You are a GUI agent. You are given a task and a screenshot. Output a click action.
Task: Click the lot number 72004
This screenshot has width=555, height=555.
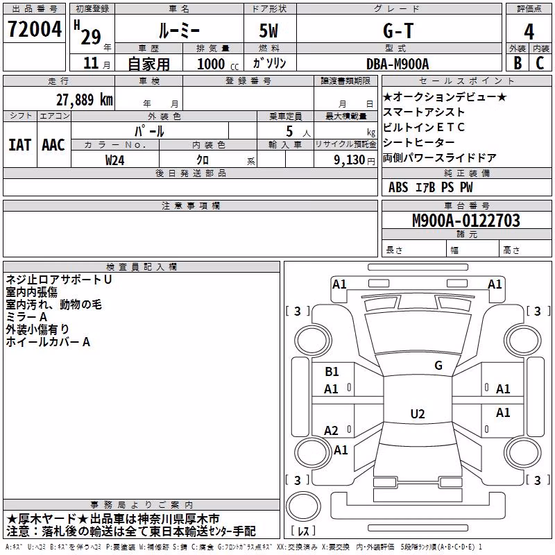pyautogui.click(x=35, y=29)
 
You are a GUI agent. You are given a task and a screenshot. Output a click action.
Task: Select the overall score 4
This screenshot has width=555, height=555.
pyautogui.click(x=529, y=31)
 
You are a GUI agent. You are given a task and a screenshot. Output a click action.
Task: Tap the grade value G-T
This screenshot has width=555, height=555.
pyautogui.click(x=398, y=31)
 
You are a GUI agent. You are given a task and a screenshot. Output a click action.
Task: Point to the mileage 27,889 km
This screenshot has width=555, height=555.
pyautogui.click(x=84, y=100)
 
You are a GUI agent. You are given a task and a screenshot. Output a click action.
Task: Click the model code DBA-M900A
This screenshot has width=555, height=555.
pyautogui.click(x=398, y=64)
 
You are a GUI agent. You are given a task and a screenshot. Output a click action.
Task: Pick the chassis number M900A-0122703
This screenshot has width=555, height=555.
pyautogui.click(x=466, y=221)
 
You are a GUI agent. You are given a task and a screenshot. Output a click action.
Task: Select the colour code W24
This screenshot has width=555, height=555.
pyautogui.click(x=114, y=160)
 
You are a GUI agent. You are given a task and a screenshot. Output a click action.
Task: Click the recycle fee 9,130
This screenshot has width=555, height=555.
pyautogui.click(x=350, y=160)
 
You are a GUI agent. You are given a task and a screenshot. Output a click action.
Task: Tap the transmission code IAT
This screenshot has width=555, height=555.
pyautogui.click(x=20, y=145)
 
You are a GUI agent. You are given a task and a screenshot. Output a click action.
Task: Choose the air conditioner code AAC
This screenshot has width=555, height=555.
pyautogui.click(x=53, y=145)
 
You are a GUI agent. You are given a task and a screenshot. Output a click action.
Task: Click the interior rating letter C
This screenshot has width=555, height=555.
pyautogui.click(x=540, y=63)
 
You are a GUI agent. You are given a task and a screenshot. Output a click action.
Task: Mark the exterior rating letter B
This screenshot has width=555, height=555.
pyautogui.click(x=518, y=63)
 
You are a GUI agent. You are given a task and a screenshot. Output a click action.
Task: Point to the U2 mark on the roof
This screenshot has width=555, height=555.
pyautogui.click(x=418, y=413)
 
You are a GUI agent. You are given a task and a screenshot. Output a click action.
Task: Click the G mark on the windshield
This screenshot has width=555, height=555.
pyautogui.click(x=438, y=365)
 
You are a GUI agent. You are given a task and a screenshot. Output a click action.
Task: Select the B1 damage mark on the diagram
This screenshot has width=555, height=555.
pyautogui.click(x=332, y=371)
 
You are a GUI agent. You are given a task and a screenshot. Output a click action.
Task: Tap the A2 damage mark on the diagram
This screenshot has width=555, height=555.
pyautogui.click(x=331, y=430)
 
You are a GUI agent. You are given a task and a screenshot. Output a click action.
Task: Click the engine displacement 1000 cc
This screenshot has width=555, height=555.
pyautogui.click(x=218, y=64)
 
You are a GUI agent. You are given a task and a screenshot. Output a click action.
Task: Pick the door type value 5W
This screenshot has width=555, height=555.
pyautogui.click(x=268, y=31)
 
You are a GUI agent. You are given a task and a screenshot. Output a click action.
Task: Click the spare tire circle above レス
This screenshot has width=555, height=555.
pyautogui.click(x=303, y=506)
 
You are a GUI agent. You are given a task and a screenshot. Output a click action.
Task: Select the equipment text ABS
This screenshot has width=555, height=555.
pyautogui.click(x=398, y=187)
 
